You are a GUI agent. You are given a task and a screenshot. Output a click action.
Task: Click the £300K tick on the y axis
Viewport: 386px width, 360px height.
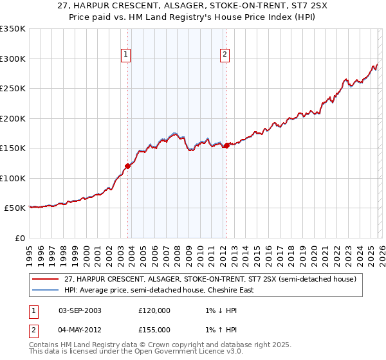13,59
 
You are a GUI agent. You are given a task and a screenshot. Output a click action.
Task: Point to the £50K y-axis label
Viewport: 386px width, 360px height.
15,208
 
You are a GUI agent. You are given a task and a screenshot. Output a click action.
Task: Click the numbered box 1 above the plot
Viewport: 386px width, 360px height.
127,55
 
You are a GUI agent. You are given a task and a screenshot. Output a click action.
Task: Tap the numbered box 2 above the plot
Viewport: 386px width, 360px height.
225,55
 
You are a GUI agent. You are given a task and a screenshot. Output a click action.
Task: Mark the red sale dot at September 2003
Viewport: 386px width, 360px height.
127,166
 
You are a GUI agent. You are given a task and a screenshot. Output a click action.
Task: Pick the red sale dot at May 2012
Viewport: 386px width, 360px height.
226,145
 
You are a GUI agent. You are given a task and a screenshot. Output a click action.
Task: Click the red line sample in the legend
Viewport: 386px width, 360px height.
45,279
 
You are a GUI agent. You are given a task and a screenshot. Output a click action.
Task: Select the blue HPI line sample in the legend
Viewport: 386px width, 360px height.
45,290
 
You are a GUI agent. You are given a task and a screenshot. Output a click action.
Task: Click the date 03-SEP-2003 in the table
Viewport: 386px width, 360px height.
80,310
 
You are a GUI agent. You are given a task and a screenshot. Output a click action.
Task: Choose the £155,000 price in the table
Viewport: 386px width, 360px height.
154,330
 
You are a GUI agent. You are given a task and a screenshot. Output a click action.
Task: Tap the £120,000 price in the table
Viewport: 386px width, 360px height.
154,310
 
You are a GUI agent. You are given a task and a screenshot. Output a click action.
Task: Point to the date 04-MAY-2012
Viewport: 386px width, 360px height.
80,330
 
